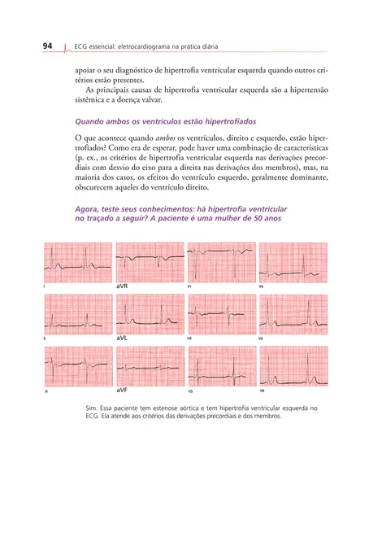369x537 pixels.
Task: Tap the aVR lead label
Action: pyautogui.click(x=123, y=287)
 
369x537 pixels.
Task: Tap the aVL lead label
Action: pyautogui.click(x=123, y=338)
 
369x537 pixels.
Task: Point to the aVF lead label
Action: pyautogui.click(x=123, y=391)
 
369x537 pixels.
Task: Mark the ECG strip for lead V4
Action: pyautogui.click(x=293, y=262)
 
